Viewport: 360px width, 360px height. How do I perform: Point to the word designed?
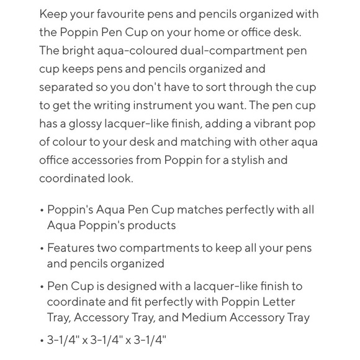122,287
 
